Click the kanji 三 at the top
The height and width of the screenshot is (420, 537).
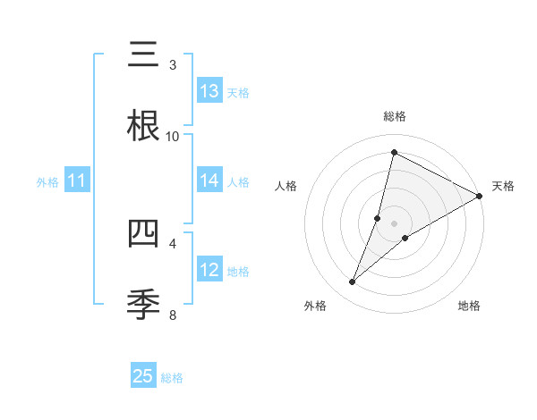143,55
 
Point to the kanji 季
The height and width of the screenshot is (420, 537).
143,304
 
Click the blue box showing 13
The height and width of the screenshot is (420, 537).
209,91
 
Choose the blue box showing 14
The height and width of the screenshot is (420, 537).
209,181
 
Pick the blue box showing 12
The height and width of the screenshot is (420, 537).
209,270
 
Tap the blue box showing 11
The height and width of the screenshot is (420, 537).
77,181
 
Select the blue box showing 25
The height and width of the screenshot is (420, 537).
143,376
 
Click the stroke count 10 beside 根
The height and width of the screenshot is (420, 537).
173,136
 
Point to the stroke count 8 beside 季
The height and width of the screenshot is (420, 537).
173,315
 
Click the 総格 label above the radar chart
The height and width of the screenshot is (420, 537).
395,116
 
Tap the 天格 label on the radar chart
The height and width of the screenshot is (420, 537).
503,186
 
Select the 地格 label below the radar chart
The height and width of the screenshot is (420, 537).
469,306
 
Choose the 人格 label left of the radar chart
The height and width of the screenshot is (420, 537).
286,186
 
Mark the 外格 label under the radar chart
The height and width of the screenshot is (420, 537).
315,306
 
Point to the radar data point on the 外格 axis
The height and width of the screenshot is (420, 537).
353,282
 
